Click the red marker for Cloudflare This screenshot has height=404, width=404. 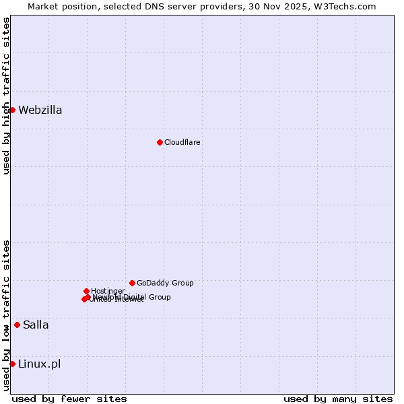(160, 142)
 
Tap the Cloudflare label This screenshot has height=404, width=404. (182, 143)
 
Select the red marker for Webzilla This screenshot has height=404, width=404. (12, 110)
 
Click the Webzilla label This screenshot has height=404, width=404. (40, 110)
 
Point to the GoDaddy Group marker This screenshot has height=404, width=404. (132, 283)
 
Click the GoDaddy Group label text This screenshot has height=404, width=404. (165, 283)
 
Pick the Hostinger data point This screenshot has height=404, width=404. (86, 291)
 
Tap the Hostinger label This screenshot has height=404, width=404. (108, 291)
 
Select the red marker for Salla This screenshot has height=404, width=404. (17, 325)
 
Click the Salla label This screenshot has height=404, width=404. (36, 325)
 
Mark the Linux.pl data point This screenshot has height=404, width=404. (12, 364)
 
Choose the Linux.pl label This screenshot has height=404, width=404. (39, 364)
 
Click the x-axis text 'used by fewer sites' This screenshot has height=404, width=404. (69, 399)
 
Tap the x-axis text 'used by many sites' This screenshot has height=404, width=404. (338, 399)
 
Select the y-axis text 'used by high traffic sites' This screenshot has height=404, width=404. (7, 96)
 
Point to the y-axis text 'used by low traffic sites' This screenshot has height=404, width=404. (7, 315)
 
